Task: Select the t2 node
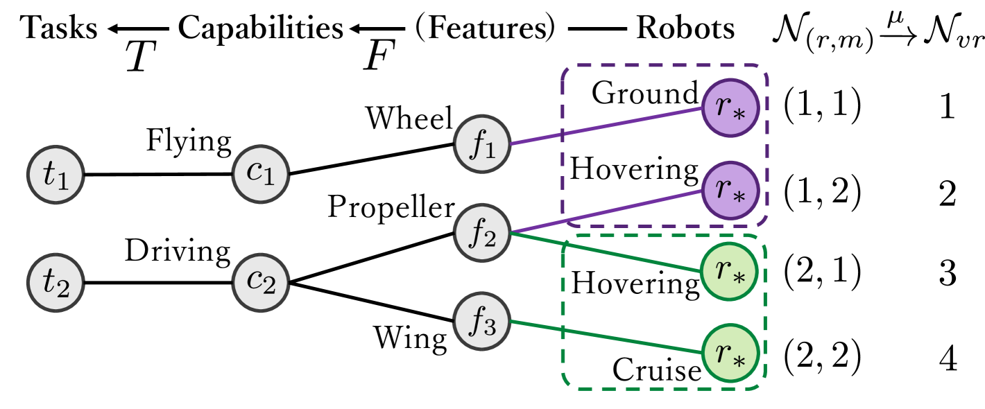click(55, 283)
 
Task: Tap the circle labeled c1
click(260, 173)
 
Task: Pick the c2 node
click(260, 281)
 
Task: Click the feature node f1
click(483, 143)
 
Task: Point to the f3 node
click(483, 322)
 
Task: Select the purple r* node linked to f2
click(729, 190)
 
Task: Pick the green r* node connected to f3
click(729, 353)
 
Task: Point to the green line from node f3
click(603, 337)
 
